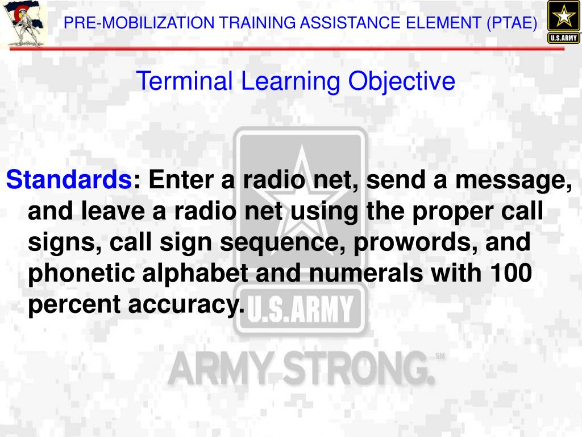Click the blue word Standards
click(x=68, y=181)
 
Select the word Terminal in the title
click(x=184, y=81)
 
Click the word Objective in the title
click(x=401, y=81)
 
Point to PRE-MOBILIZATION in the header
click(x=139, y=23)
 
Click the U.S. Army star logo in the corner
click(x=563, y=22)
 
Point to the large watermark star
click(x=300, y=188)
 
